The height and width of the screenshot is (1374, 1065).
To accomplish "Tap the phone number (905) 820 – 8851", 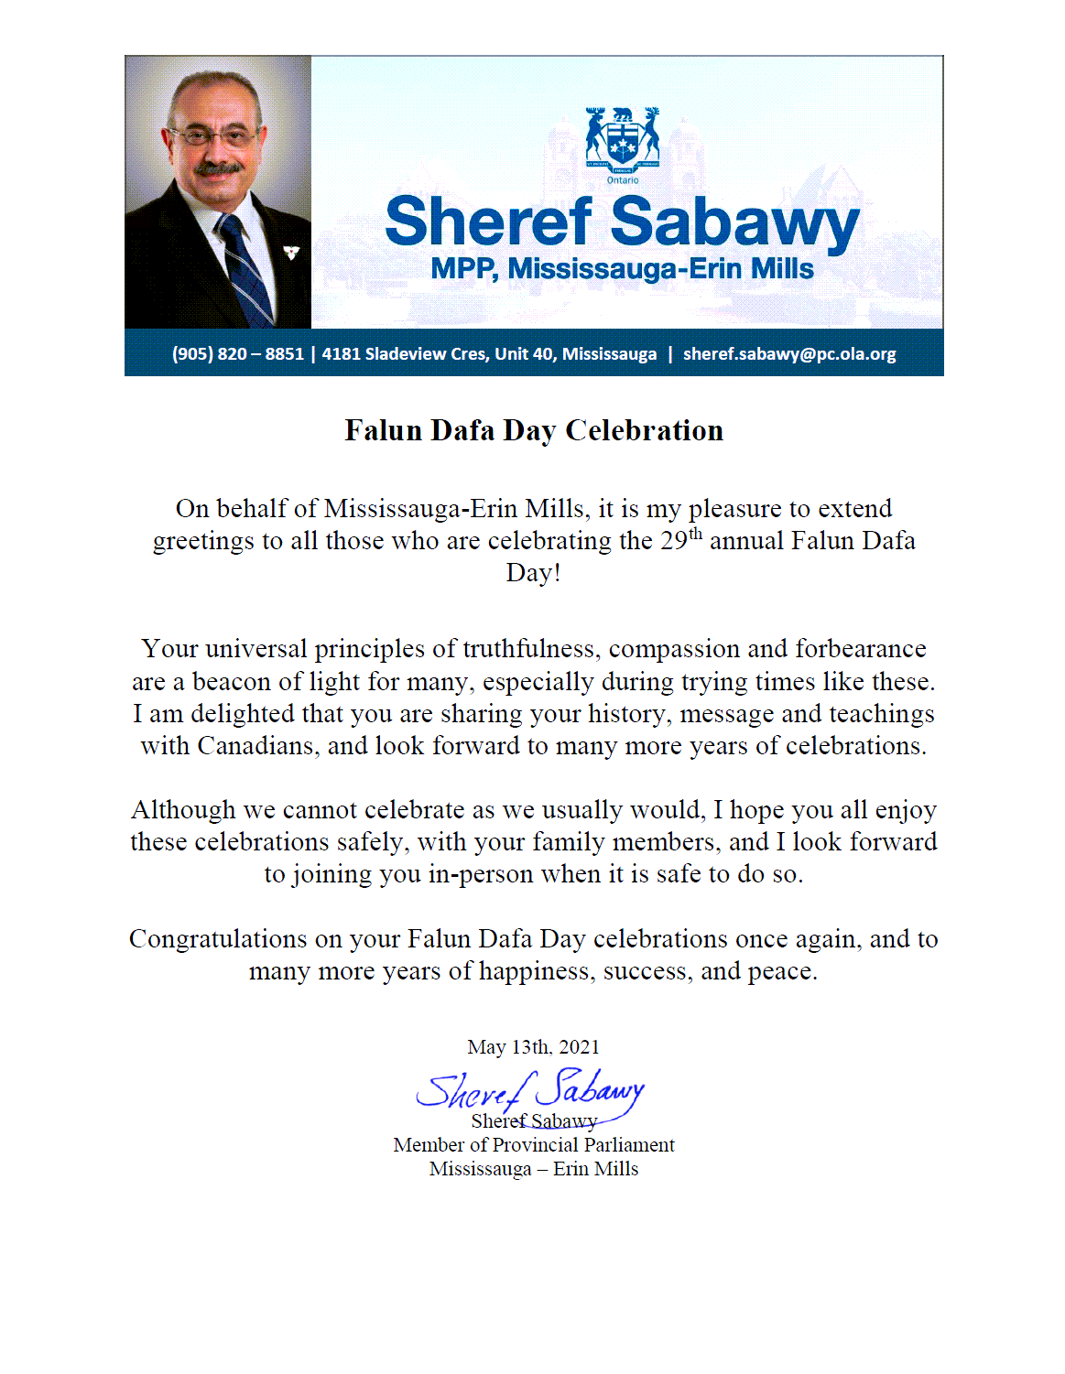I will point(237,354).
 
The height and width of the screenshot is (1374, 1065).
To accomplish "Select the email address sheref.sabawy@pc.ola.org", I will point(789,354).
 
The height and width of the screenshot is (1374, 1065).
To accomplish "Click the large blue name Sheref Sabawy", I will point(622,222).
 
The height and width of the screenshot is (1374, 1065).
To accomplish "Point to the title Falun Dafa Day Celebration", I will point(534,430).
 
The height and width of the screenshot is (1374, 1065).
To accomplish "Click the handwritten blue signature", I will point(531,1091).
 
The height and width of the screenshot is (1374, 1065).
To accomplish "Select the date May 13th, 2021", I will point(533,1047).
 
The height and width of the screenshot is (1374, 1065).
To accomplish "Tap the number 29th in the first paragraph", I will point(680,540).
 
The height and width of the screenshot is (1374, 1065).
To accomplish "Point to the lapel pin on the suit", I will point(291,253).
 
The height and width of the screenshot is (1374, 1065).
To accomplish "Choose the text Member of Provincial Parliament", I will point(534,1145).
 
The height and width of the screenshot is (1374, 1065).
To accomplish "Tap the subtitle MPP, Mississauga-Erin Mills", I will point(622,269).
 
